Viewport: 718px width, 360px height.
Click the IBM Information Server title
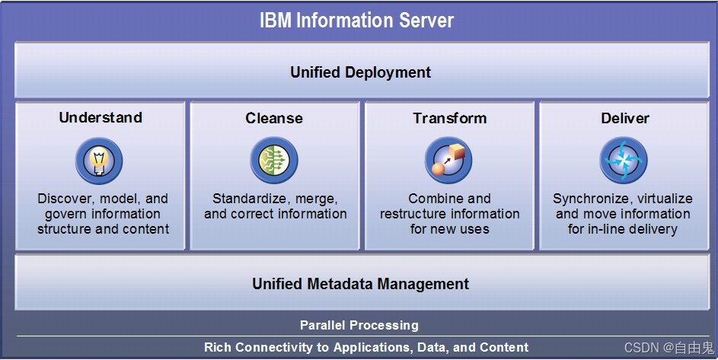pyautogui.click(x=356, y=20)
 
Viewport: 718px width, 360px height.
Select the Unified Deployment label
pyautogui.click(x=360, y=72)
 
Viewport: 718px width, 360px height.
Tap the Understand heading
pyautogui.click(x=101, y=117)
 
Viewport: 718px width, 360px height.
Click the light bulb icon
pyautogui.click(x=99, y=161)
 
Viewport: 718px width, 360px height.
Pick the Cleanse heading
pyautogui.click(x=274, y=118)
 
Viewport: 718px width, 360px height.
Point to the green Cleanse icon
pyautogui.click(x=274, y=161)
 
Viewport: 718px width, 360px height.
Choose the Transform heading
pyautogui.click(x=449, y=118)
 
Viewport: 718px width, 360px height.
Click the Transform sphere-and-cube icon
pyautogui.click(x=448, y=161)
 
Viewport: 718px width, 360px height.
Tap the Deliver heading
pyautogui.click(x=624, y=118)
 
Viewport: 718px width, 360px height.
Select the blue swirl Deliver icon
pyautogui.click(x=624, y=161)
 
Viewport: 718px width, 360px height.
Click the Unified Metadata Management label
pyautogui.click(x=360, y=284)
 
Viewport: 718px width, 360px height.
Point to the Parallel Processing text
pyautogui.click(x=359, y=325)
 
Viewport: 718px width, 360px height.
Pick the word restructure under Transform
pyautogui.click(x=415, y=214)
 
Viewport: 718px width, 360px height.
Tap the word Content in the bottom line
pyautogui.click(x=503, y=347)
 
